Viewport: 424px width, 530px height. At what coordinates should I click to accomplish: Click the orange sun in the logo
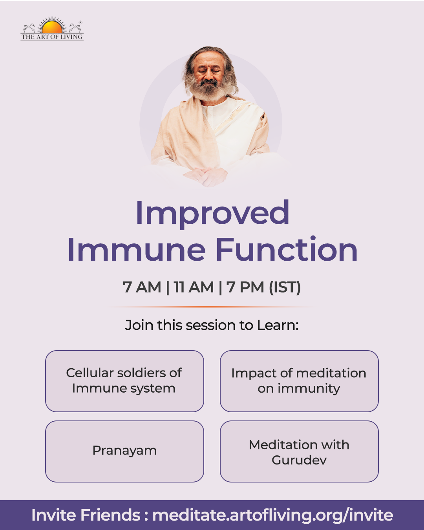[52, 27]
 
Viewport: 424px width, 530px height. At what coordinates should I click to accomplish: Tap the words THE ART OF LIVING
[52, 37]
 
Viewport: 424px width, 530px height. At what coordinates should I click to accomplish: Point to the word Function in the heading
[287, 249]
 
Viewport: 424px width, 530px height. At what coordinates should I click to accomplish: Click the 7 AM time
[142, 287]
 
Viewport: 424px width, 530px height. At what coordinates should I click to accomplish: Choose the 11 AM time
[194, 287]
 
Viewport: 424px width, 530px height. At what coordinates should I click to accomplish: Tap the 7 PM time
[245, 287]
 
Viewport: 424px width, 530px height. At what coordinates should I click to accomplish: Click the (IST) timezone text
[285, 287]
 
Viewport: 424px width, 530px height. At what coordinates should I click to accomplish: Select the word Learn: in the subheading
[278, 325]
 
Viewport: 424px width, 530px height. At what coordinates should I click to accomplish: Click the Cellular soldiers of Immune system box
[124, 381]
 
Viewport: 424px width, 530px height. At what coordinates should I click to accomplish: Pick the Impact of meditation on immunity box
[299, 381]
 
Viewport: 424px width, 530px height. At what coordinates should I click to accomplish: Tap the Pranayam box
[124, 451]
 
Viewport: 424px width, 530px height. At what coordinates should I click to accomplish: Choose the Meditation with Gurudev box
[299, 451]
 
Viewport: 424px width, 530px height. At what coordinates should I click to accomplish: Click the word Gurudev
[299, 460]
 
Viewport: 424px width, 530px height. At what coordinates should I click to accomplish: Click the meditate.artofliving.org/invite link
[272, 515]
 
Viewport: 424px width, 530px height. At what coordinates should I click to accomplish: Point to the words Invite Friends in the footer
[86, 515]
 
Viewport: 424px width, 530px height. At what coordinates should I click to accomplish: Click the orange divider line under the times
[212, 307]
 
